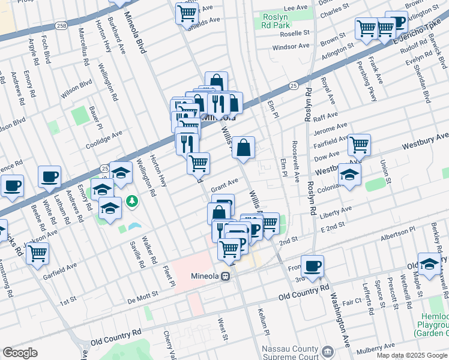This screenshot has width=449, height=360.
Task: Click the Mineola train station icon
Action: pos(226,277)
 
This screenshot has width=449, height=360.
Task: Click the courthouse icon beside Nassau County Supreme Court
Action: pos(328,350)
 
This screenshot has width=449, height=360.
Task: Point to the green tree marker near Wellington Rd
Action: pos(130,201)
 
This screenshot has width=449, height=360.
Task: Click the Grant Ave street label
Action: pos(225,182)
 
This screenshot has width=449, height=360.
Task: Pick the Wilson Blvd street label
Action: pos(76,88)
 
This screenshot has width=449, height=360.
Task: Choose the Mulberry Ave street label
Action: pos(376,349)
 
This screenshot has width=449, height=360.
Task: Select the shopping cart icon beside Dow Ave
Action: pos(359,144)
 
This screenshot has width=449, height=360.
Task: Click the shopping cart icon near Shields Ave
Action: pos(187,13)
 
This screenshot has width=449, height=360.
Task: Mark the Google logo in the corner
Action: pos(20,353)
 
